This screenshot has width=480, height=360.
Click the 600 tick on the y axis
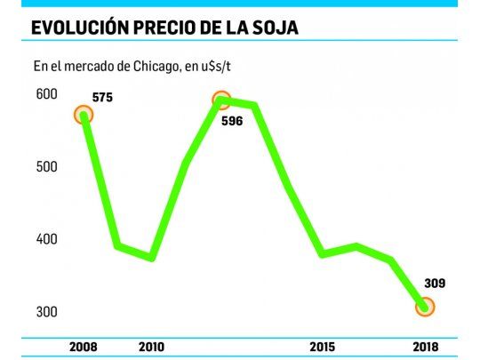(x=46, y=94)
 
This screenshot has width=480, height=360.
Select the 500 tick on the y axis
(x=46, y=167)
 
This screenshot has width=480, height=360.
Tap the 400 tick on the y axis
(x=46, y=239)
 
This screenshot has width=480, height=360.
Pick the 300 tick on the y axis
(x=46, y=312)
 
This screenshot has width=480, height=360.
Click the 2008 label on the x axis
(x=83, y=346)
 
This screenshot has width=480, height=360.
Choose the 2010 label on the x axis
(x=152, y=346)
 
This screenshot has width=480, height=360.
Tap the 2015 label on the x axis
(x=323, y=346)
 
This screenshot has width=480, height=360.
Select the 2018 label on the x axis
(x=427, y=346)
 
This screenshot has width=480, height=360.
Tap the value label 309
(x=434, y=284)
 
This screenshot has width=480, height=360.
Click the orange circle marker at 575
(x=84, y=115)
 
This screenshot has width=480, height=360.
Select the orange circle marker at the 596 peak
(x=221, y=100)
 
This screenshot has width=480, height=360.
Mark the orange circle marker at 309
(x=427, y=308)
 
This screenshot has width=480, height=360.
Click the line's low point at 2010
(x=152, y=258)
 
